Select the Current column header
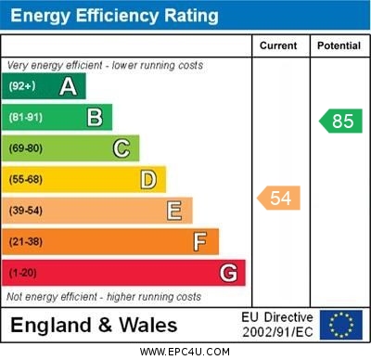click(x=278, y=45)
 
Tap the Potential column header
click(x=339, y=45)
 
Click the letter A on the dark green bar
click(x=68, y=86)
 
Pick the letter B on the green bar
click(x=94, y=117)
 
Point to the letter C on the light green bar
click(x=121, y=148)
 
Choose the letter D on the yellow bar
click(x=147, y=179)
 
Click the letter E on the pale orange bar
click(x=173, y=211)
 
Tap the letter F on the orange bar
click(x=199, y=242)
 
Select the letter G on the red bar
click(x=227, y=273)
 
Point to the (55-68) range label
click(x=26, y=179)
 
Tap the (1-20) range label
click(x=22, y=273)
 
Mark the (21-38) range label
click(x=26, y=242)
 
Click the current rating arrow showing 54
click(x=279, y=198)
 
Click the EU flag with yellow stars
click(x=340, y=325)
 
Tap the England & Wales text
click(x=94, y=325)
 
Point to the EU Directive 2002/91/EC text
click(x=278, y=325)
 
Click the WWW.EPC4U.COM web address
click(x=185, y=352)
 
